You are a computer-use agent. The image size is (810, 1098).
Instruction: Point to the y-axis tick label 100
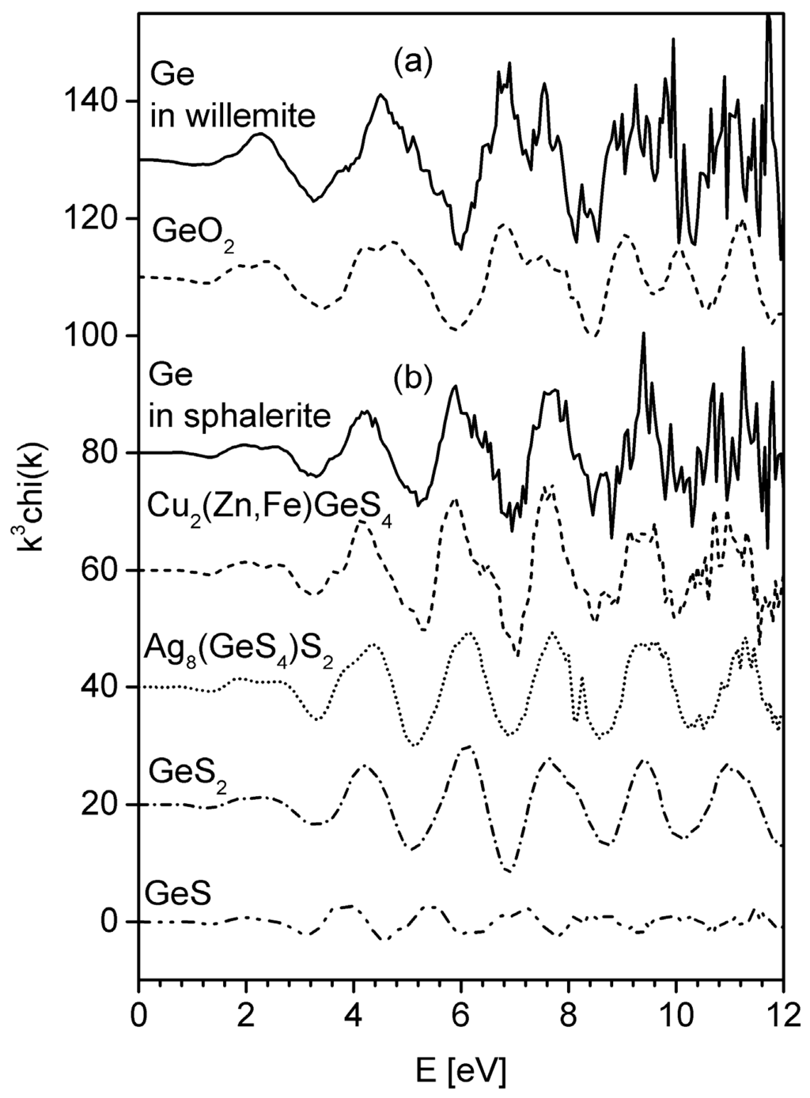coord(98,335)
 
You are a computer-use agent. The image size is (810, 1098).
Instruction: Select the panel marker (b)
coord(413,379)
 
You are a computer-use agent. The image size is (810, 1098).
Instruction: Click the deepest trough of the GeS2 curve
coord(509,871)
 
